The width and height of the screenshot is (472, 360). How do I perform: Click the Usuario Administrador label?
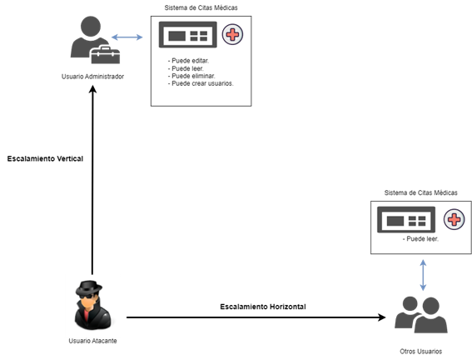[x=92, y=77]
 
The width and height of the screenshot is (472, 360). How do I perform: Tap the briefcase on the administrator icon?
[x=106, y=55]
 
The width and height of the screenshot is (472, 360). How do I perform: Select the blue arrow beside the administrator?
[x=127, y=37]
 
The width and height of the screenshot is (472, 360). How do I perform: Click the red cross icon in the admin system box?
[x=232, y=34]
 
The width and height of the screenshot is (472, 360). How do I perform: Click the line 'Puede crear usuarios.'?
[x=201, y=83]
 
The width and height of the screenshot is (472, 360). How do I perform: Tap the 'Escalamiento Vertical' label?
[x=45, y=159]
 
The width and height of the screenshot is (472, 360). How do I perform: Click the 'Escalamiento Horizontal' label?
[x=263, y=307]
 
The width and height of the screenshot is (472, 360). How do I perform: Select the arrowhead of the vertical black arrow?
[x=92, y=89]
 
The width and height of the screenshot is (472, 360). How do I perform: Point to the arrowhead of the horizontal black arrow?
[x=382, y=317]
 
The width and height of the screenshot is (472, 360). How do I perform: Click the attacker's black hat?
[x=89, y=287]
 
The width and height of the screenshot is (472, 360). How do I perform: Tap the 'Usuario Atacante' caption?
[x=92, y=341]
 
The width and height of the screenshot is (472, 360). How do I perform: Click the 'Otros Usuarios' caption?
[x=421, y=352]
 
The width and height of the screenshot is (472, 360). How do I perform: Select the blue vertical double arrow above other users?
[x=423, y=275]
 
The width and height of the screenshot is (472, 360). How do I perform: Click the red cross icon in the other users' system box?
[x=454, y=219]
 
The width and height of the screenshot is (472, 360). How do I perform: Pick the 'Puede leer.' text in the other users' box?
[x=420, y=239]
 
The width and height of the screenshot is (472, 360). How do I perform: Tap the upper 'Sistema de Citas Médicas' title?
[x=201, y=7]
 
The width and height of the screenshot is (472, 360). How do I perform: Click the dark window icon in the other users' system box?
[x=406, y=220]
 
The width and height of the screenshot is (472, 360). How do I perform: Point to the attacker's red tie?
[x=87, y=316]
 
